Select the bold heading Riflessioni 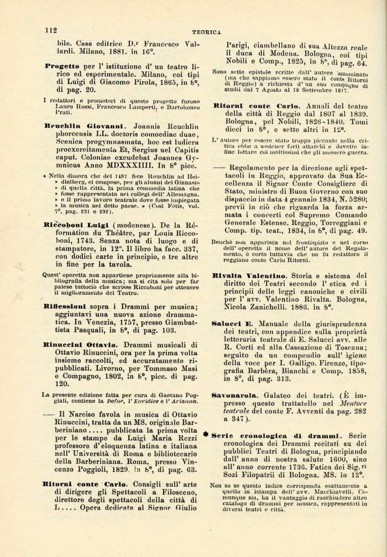coord(65,305)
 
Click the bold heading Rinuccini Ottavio coord(81,344)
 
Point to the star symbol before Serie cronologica coord(206,435)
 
